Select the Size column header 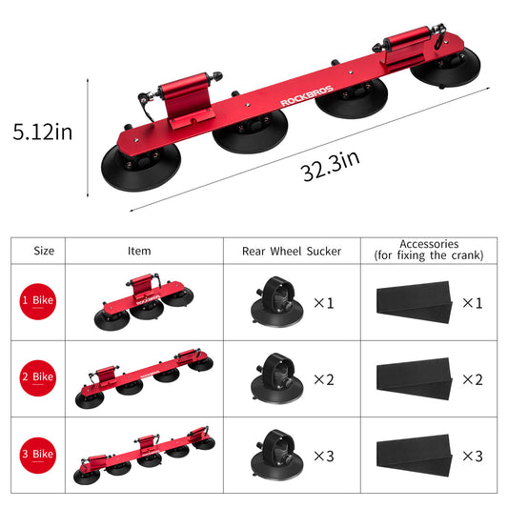point(43,251)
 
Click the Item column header point(139,251)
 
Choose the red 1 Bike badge point(38,301)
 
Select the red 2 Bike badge point(38,377)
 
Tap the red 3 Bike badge point(38,455)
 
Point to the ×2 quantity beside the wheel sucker point(324,378)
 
